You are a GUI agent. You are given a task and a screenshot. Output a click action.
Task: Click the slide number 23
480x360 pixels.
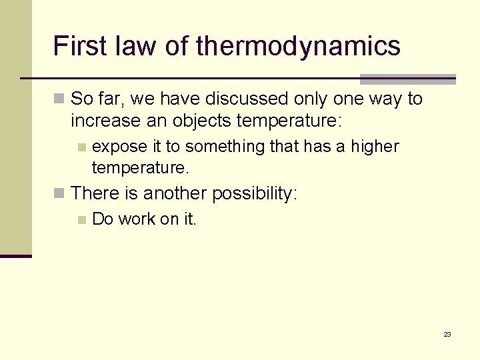point(447,334)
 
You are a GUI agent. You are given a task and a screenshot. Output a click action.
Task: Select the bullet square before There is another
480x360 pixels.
point(59,194)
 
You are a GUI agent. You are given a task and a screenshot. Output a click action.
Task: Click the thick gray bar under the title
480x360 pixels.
point(407,79)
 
